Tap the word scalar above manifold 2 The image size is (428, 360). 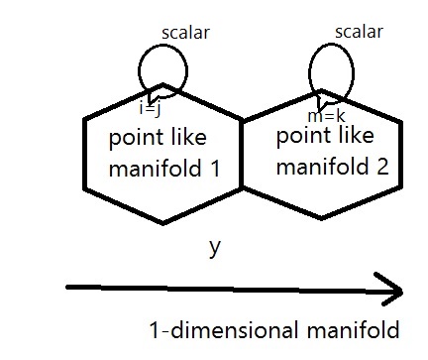[x=359, y=31]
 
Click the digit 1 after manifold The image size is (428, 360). [x=215, y=168]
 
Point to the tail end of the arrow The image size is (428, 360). [x=67, y=289]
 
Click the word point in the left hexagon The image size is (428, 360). [x=128, y=138]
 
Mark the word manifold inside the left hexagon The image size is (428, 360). [x=147, y=168]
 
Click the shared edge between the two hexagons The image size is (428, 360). [x=243, y=154]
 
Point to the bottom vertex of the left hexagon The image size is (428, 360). [x=163, y=223]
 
